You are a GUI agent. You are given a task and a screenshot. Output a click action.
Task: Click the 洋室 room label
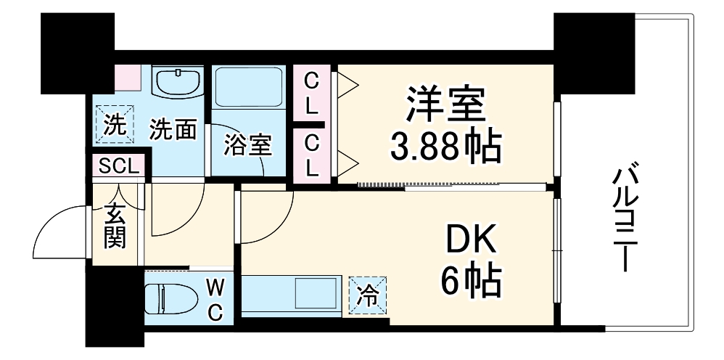[444, 107]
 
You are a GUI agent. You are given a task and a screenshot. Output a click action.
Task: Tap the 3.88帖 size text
[444, 147]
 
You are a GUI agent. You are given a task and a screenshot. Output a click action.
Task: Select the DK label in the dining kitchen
[471, 239]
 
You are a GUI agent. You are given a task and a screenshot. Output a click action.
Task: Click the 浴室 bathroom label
[247, 145]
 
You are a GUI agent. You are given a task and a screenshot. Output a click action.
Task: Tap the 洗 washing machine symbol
[113, 125]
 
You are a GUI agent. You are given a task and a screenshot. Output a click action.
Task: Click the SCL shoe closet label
[118, 166]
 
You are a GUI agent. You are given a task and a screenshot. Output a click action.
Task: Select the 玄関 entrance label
[114, 226]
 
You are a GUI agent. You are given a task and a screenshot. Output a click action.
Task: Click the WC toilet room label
[216, 298]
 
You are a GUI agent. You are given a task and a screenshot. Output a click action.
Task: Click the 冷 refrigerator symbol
[369, 296]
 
